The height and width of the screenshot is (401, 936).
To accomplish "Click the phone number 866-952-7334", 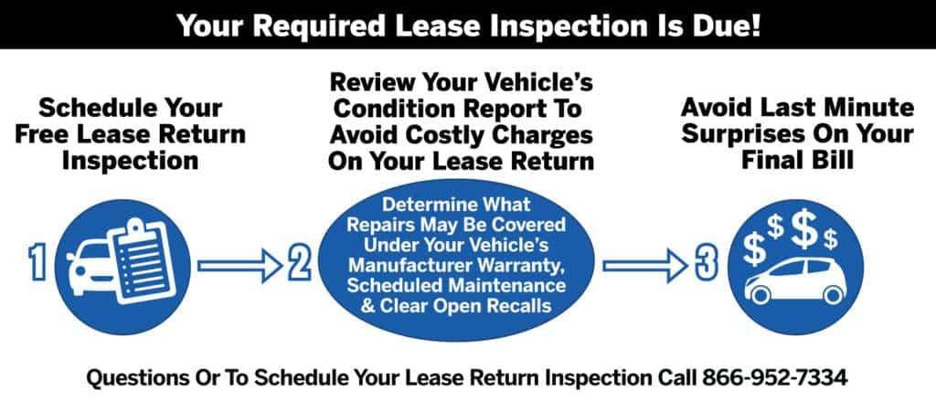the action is click(x=774, y=378).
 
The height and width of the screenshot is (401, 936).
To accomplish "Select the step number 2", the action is click(x=299, y=263).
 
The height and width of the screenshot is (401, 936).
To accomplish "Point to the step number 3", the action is click(x=707, y=263).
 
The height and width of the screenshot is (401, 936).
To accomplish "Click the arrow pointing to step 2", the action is click(x=240, y=266).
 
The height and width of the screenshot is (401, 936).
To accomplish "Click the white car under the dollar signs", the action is click(x=796, y=281).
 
